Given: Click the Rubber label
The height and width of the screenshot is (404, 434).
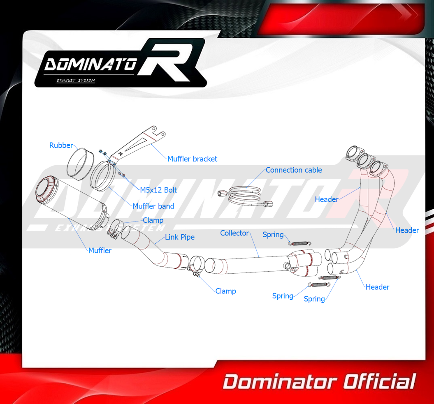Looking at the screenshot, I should coord(61,145).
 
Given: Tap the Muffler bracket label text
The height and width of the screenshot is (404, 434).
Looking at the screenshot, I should coord(192,159).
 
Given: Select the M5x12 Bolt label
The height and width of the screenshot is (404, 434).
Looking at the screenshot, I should coord(158,190).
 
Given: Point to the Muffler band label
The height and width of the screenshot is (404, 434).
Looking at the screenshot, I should coord(153,206).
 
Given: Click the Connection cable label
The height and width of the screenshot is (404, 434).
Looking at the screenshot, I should coord(294,170).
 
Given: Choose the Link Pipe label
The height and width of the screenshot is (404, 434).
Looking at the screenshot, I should coord(180,237).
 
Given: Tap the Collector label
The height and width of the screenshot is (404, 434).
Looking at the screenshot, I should coord(234,233).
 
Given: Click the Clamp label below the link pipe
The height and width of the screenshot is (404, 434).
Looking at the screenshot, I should coord(225,291).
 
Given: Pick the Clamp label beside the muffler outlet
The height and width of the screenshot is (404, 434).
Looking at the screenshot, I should coord(153,220).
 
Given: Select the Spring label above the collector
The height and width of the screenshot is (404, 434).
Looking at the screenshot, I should coord(273,235).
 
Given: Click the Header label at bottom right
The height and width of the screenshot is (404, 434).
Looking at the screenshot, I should coord(377,287).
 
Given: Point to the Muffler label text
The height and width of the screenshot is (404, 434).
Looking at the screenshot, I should coord(100,250).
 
